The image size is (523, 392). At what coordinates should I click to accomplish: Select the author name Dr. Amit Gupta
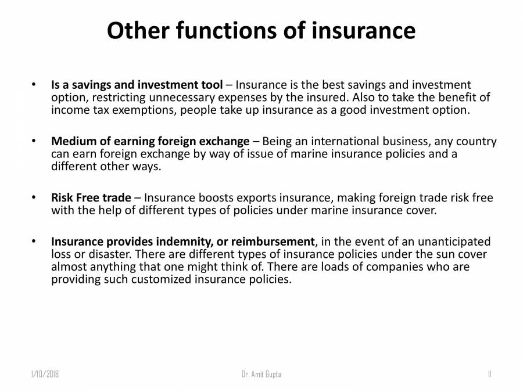261,375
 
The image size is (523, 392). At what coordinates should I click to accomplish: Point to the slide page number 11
489,375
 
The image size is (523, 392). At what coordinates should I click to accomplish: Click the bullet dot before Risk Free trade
34,197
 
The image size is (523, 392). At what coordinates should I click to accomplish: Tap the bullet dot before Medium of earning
34,141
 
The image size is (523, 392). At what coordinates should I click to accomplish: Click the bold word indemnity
183,242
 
